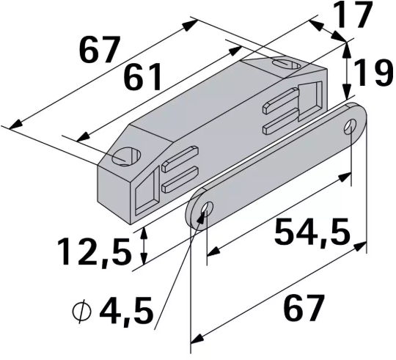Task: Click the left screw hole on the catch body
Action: pos(127,156)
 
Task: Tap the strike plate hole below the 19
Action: pos(353,126)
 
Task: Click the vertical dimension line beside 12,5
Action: pos(144,246)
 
